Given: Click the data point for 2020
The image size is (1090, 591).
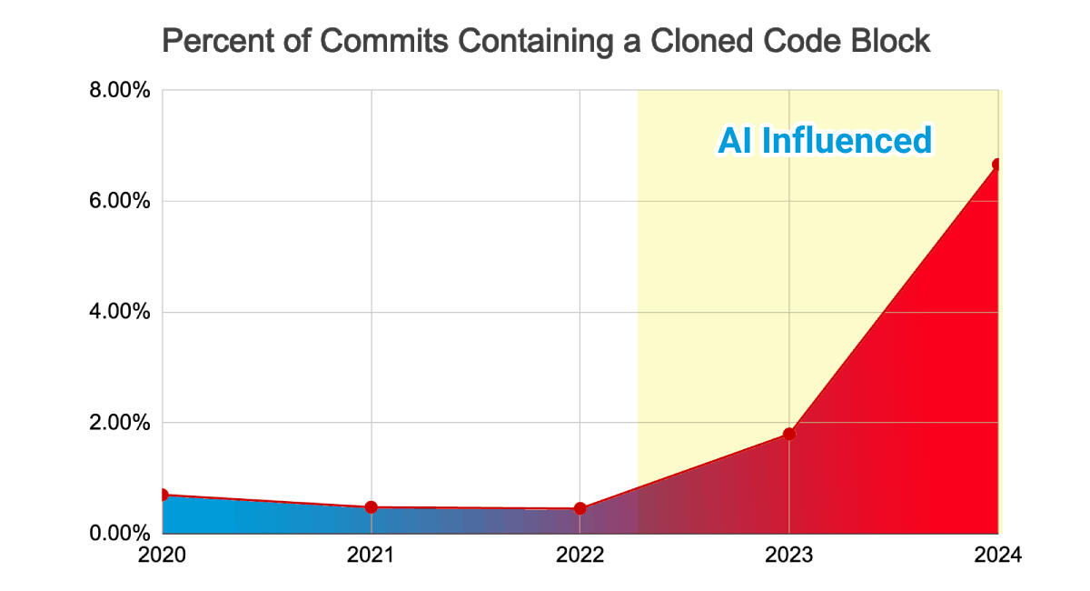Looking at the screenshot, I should [163, 495].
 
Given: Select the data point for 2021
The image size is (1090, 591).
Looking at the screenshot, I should [372, 506].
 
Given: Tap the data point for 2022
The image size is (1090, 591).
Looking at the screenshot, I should [580, 508].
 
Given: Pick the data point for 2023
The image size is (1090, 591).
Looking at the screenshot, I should [789, 434].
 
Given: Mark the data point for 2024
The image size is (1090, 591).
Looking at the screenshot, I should [997, 165].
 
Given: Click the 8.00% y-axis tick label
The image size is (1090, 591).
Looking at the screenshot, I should [118, 91].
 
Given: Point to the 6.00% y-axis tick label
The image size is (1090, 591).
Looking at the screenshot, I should [118, 202].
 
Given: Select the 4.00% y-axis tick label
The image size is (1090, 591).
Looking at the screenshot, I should [118, 312].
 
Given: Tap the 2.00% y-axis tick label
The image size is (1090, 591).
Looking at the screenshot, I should [118, 423].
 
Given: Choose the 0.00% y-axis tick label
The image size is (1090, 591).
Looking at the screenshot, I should [118, 533].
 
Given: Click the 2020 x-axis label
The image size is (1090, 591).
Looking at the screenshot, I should [163, 555].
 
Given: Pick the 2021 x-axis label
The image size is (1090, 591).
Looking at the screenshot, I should [372, 555].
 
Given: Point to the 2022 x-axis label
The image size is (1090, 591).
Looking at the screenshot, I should [580, 555].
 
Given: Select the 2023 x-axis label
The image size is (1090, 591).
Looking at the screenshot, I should [789, 555].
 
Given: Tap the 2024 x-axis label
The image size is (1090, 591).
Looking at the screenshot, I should [996, 555].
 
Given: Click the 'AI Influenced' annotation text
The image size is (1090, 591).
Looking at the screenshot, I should [825, 141].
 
